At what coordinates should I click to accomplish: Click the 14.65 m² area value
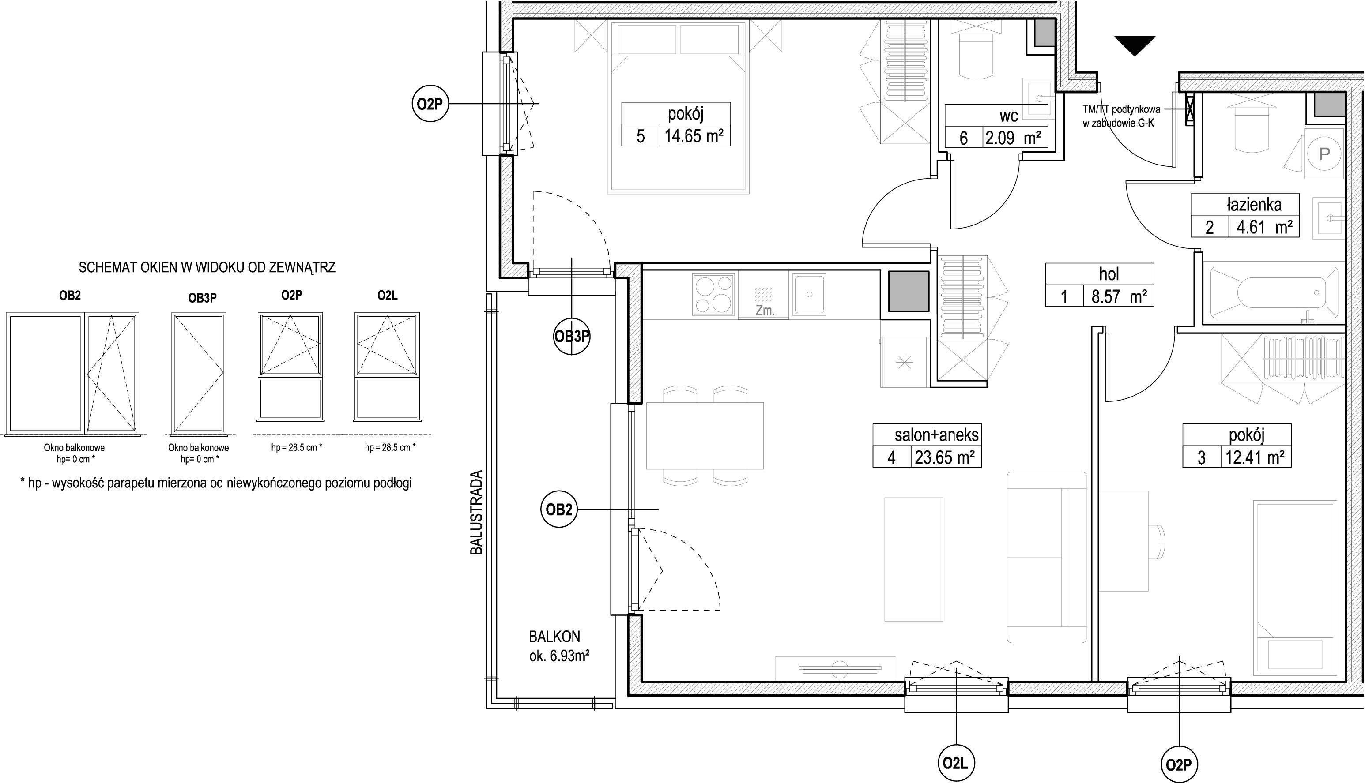click(694, 135)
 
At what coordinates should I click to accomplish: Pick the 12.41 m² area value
click(1255, 457)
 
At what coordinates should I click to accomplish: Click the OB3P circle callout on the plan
click(572, 337)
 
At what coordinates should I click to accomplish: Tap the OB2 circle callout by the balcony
click(558, 509)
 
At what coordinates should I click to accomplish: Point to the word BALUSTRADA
click(477, 513)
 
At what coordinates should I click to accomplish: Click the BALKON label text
click(555, 637)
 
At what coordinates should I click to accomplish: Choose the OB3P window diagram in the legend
click(199, 373)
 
